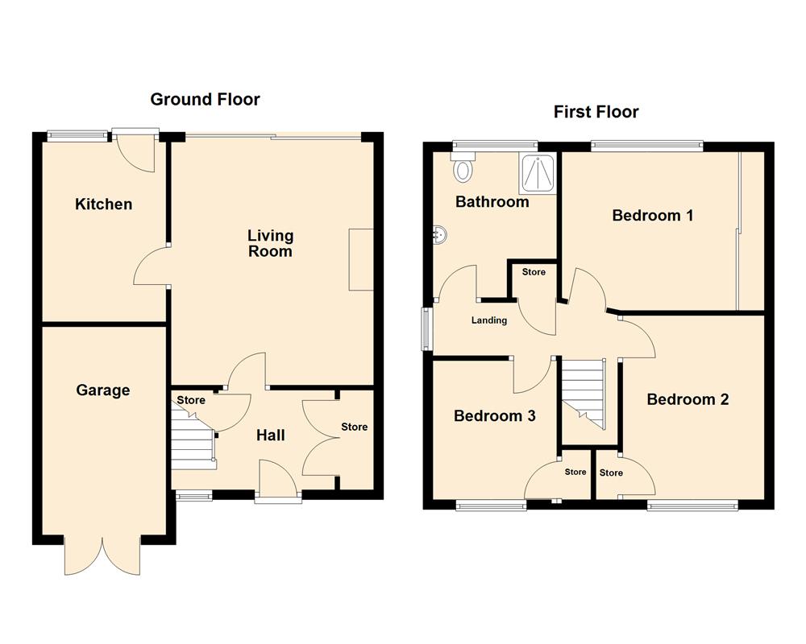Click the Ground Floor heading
(205, 99)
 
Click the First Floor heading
(596, 112)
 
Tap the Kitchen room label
(103, 204)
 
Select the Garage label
(102, 390)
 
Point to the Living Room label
(270, 243)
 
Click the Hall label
(270, 436)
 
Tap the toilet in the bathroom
(463, 170)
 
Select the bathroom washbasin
(440, 235)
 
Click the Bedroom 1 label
(652, 216)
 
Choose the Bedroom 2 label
(688, 399)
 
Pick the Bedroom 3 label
(495, 416)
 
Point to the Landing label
(489, 320)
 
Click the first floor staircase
(583, 393)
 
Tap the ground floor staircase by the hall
(192, 439)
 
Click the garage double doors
(102, 555)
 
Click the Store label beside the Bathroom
(534, 272)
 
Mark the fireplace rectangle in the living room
(361, 259)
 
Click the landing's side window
(428, 328)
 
